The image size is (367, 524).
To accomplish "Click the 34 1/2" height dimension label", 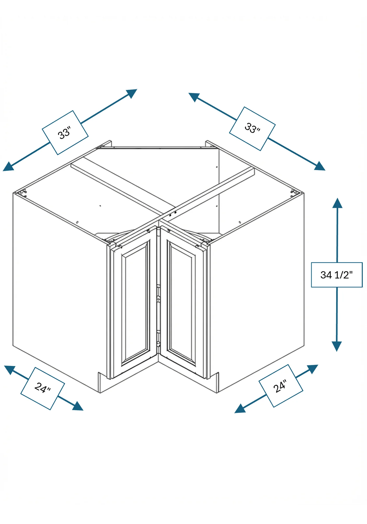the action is point(337,275).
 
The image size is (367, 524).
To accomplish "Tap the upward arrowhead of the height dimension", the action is point(337,203).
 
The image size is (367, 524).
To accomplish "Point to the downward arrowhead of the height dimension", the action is point(337,346).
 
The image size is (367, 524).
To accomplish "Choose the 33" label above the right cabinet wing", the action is point(252,128).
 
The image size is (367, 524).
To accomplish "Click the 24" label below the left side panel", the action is point(43,388).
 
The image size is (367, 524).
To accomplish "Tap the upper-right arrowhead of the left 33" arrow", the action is point(132,93).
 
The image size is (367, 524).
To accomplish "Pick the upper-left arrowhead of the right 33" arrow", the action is point(194,97).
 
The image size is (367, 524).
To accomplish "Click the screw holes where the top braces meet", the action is point(173,214).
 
